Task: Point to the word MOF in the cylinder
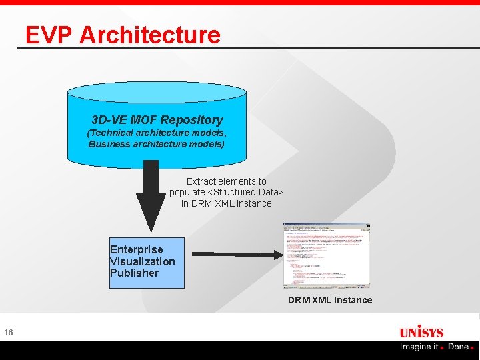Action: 143,120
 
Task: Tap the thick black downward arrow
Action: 151,197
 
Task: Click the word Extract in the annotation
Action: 203,181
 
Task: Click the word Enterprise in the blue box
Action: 136,249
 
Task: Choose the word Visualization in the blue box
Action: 143,261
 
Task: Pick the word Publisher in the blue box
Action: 134,273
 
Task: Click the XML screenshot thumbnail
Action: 326,255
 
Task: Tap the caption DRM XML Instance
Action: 329,300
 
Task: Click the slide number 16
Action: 8,333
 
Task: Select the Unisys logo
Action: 421,332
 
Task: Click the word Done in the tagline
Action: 459,347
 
